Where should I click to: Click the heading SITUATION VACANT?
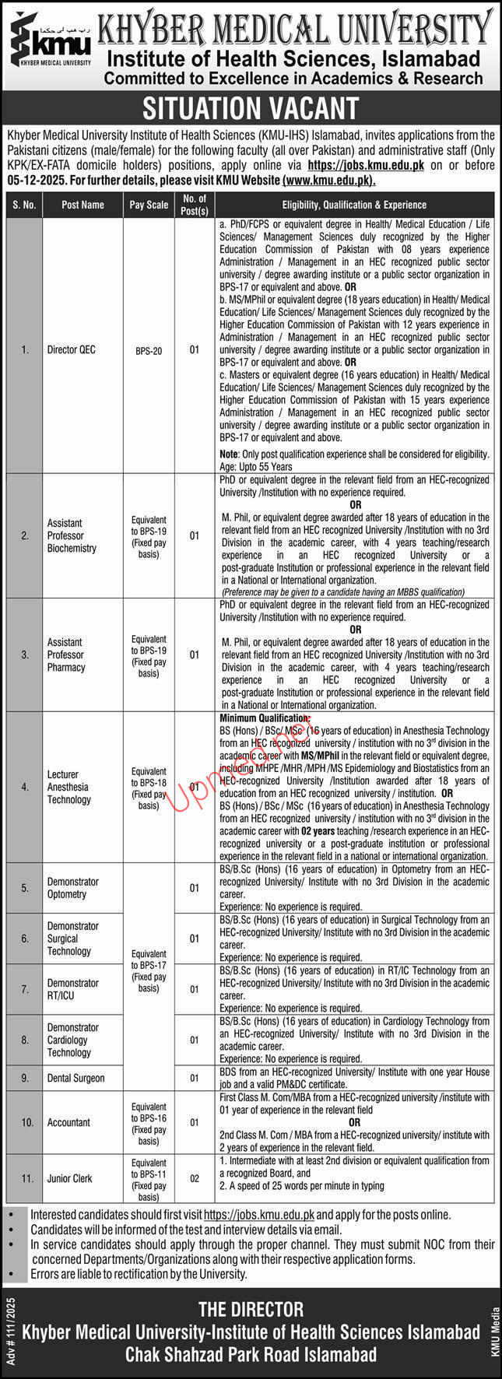point(251,108)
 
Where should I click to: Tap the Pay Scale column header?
point(149,205)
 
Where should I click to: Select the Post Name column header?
point(83,205)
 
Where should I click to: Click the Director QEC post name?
point(71,350)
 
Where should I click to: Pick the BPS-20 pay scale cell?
point(149,351)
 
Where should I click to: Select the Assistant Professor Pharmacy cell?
point(67,654)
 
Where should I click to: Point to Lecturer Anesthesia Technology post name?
point(68,787)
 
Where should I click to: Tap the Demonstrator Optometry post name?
point(72,888)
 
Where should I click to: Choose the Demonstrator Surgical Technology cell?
point(72,939)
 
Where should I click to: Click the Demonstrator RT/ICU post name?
point(72,989)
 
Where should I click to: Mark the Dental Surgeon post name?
point(75,1079)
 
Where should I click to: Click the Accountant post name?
point(68,1122)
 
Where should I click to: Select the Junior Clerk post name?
point(72,1179)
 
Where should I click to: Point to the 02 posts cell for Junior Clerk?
point(195,1179)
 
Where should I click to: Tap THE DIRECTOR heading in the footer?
point(251,1310)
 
